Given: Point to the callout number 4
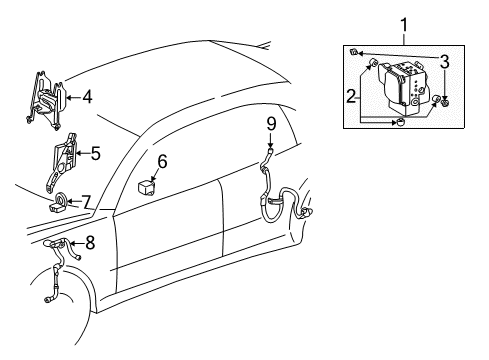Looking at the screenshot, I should click(87, 97).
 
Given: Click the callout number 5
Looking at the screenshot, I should click(96, 154).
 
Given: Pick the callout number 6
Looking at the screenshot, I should click(162, 160).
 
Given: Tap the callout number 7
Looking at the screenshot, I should click(87, 201).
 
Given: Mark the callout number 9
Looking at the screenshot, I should click(270, 125).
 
